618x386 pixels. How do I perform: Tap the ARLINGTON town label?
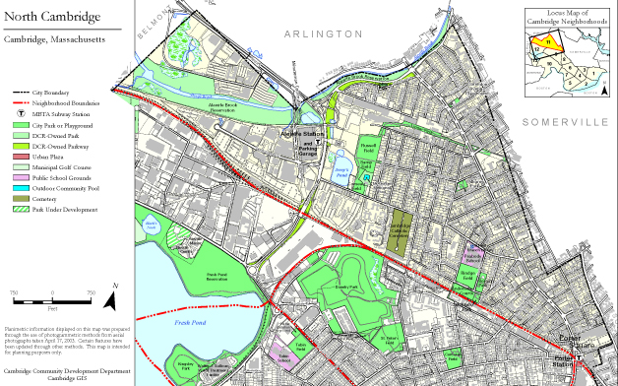[312, 33]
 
